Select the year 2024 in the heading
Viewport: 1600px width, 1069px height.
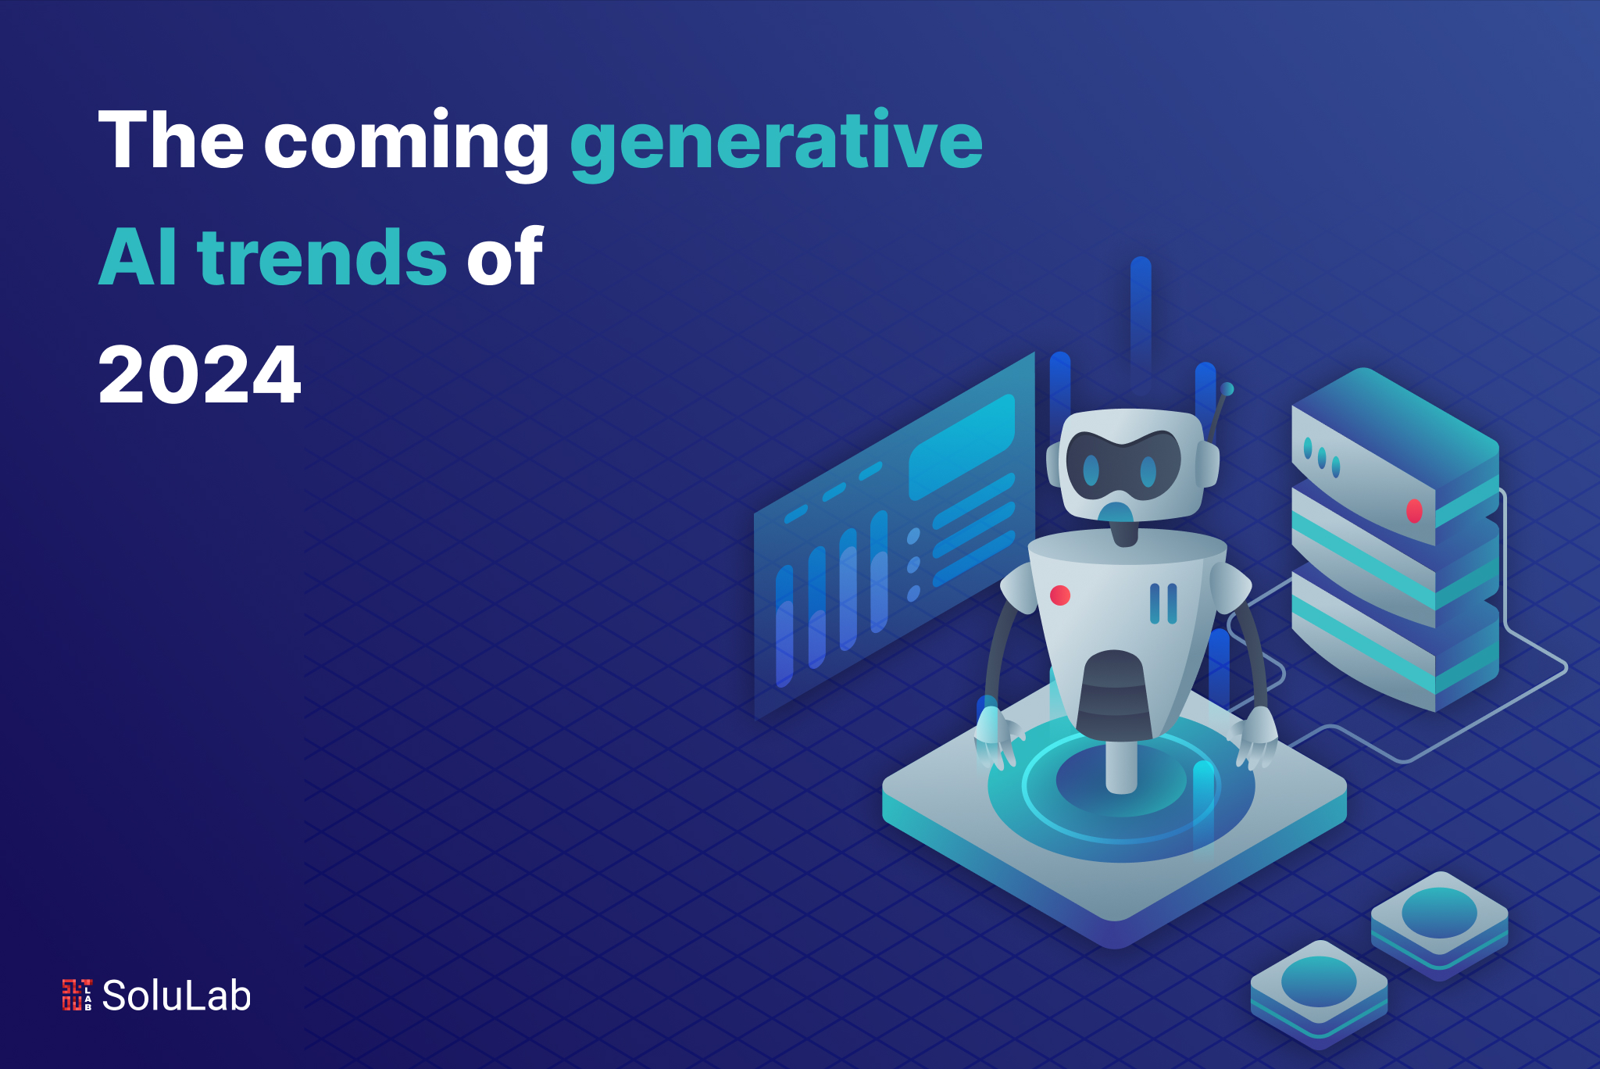[x=199, y=375]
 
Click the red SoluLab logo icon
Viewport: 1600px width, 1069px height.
[x=77, y=995]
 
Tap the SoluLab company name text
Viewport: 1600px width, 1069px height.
[x=177, y=996]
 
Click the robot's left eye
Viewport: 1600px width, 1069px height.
[x=1091, y=470]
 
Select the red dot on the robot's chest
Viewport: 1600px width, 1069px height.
[x=1060, y=595]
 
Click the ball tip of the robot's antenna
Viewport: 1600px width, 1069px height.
[x=1227, y=388]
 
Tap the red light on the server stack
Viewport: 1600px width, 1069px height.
[x=1414, y=511]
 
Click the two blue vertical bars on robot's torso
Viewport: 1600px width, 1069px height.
[x=1163, y=603]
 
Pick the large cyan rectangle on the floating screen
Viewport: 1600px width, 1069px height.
[x=962, y=446]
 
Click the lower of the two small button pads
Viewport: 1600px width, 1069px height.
[x=1319, y=992]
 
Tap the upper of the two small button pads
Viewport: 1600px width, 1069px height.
[x=1439, y=924]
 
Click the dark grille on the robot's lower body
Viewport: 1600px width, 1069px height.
[x=1115, y=695]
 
